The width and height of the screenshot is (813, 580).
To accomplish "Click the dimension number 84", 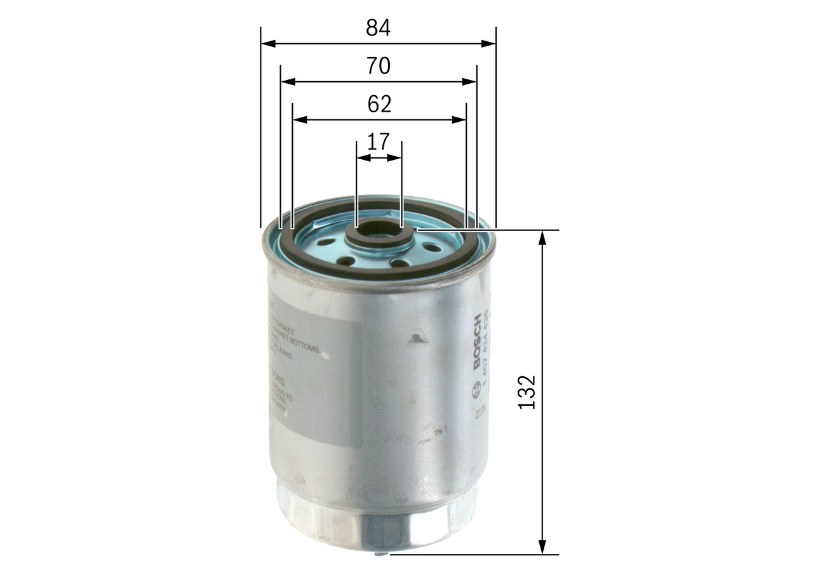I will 378,27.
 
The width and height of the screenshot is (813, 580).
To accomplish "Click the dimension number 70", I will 378,65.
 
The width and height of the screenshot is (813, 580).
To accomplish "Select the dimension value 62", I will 379,104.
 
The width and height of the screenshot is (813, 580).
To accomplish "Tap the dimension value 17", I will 379,142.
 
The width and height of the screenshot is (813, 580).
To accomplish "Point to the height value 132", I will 527,392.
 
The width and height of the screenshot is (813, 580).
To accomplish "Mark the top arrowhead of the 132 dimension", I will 542,237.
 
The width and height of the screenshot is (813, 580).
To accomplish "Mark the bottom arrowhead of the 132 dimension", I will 542,547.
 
